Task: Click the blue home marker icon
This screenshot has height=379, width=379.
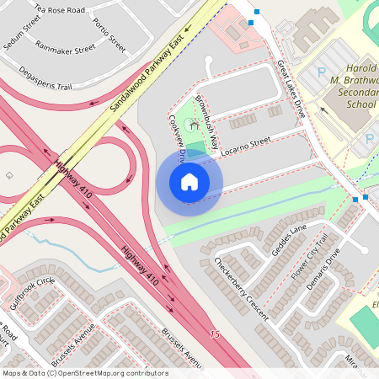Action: click(189, 182)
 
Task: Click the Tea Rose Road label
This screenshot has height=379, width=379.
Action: click(59, 10)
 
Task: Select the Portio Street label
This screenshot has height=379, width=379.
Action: click(109, 35)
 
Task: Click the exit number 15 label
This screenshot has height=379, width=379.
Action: click(215, 335)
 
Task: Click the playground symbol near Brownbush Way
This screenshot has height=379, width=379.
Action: click(195, 125)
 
